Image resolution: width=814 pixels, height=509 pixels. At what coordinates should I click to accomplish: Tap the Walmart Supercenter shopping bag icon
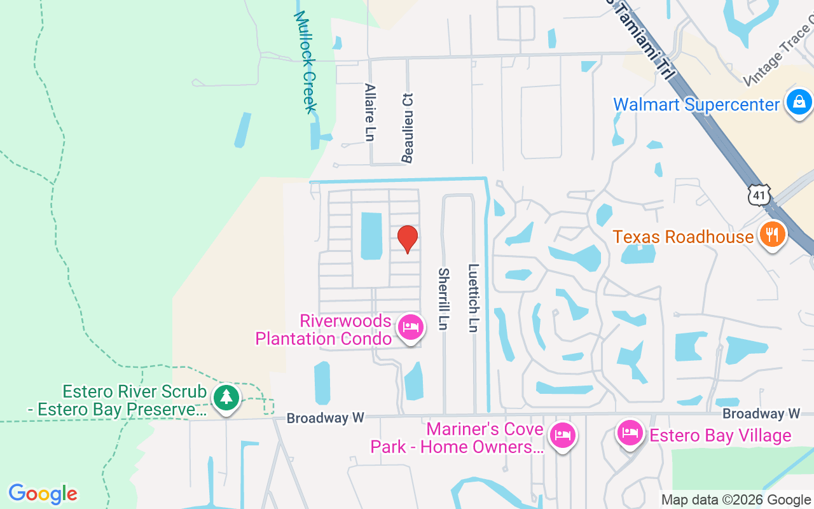point(798,102)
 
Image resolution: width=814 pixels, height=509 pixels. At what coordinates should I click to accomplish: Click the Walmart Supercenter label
point(696,104)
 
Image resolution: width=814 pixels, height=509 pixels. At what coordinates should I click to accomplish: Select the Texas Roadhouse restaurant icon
point(772,235)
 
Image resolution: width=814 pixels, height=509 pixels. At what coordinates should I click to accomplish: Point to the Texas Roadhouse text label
point(682,237)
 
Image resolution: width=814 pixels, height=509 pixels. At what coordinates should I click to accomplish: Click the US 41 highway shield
point(759,195)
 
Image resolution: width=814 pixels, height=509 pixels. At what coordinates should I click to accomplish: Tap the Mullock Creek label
point(305,61)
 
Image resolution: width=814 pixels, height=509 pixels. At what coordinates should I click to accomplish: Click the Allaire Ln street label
point(370,112)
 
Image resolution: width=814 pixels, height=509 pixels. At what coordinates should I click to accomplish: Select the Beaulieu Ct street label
point(408,127)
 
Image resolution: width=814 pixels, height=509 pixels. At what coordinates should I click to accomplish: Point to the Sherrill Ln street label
point(443,298)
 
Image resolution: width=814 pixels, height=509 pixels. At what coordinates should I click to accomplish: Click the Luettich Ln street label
point(473,297)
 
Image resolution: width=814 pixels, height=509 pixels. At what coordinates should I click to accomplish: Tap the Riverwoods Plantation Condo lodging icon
point(410,328)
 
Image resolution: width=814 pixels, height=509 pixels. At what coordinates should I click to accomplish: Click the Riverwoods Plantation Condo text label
point(324,329)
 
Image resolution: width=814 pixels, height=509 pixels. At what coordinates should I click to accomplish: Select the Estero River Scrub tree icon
point(226,397)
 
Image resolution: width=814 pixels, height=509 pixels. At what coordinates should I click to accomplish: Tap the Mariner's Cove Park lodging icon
point(562,436)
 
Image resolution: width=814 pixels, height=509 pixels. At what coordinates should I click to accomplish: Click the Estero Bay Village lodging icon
point(630,434)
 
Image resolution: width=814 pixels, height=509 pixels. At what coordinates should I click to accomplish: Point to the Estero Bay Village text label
point(720,436)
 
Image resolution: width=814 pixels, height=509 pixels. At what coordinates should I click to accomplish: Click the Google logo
point(43,493)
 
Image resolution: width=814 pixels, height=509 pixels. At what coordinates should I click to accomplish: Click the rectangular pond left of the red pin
point(371,235)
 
